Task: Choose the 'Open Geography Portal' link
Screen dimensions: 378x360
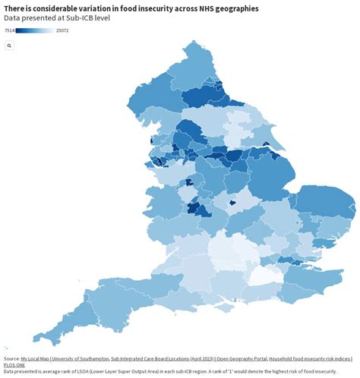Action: pos(242,358)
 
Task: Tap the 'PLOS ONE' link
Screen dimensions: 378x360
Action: pos(14,365)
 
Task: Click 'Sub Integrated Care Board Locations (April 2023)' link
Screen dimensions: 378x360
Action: pos(162,358)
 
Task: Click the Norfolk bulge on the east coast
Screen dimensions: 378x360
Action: pos(327,206)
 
